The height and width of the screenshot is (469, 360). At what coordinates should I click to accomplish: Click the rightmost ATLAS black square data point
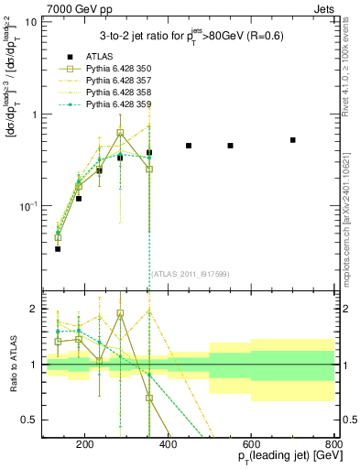292,140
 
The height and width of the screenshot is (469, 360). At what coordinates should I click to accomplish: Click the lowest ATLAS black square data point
58,248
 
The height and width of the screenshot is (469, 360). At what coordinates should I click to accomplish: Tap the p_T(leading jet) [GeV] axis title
278,458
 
